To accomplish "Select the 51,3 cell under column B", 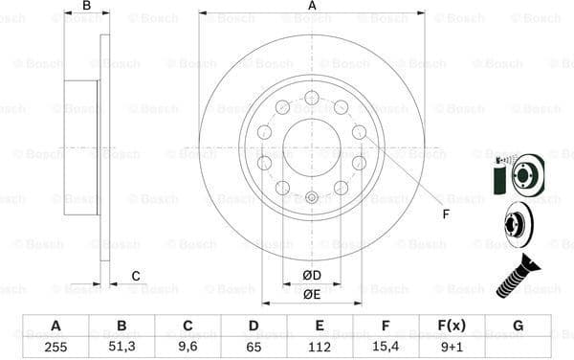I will tap(121, 348).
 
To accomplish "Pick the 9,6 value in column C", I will tap(188, 348).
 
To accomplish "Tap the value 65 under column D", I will tap(254, 348).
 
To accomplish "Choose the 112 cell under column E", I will tap(320, 348).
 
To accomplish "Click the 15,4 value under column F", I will tap(386, 348).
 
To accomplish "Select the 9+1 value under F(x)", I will tap(452, 348).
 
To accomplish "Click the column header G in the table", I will tap(518, 326).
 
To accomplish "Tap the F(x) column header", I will tap(452, 326).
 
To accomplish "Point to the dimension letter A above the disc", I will tap(312, 6).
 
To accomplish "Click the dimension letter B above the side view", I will tap(86, 6).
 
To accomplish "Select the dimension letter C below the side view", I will tap(135, 277).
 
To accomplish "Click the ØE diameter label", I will tap(312, 295).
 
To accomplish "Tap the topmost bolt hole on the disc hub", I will tap(312, 97).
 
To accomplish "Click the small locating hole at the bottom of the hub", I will tap(312, 199).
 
